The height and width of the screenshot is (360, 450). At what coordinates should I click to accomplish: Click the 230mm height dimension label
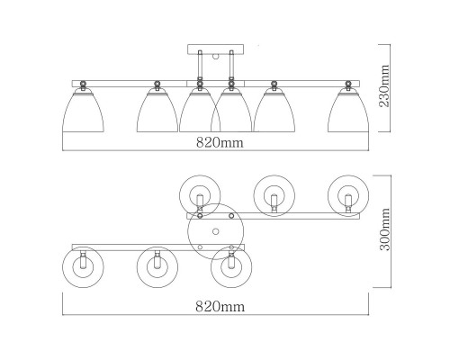[x=384, y=85]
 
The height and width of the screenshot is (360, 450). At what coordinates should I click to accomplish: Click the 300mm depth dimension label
[x=385, y=229]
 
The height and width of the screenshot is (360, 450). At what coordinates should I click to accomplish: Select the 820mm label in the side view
[x=220, y=143]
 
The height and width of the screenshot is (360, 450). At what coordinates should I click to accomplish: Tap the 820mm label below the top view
[x=220, y=307]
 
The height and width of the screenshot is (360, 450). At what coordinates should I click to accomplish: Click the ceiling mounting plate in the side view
[x=215, y=49]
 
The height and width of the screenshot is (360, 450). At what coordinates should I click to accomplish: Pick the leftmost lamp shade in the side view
[x=83, y=112]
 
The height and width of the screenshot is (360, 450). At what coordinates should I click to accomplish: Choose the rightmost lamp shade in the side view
[x=348, y=112]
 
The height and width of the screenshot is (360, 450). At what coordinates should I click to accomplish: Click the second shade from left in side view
[x=157, y=112]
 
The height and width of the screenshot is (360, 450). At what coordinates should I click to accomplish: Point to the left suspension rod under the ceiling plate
[x=200, y=66]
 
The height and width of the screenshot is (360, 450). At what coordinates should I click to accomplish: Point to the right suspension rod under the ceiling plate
[x=231, y=66]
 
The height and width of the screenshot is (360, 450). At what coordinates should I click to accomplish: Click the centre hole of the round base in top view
[x=215, y=231]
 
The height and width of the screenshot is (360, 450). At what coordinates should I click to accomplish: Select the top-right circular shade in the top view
[x=348, y=195]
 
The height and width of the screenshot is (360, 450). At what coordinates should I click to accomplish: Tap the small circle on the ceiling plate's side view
[x=215, y=57]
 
